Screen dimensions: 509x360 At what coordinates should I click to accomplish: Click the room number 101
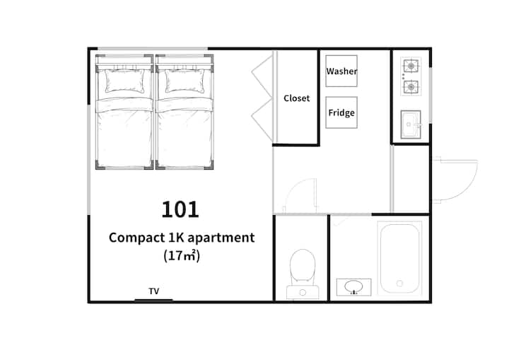point(180,209)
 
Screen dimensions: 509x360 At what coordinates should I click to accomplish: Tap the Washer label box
point(341,71)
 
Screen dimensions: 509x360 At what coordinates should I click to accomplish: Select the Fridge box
point(341,112)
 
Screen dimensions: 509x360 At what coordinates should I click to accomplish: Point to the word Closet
point(296,98)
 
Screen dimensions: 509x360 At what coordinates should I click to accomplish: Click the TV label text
point(154,291)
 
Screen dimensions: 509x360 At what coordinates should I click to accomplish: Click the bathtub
point(399,259)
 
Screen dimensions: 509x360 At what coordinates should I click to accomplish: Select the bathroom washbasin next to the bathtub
point(354,287)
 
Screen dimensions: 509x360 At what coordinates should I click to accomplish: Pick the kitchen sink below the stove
point(411,124)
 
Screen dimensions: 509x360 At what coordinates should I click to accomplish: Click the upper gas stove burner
point(411,66)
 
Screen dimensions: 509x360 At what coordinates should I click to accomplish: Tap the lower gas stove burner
point(411,87)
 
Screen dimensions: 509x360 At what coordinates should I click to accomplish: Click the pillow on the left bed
point(124,81)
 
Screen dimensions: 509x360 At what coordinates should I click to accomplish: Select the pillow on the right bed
point(185,81)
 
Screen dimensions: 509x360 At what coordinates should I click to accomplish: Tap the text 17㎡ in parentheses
point(182,256)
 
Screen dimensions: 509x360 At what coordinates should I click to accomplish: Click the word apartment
point(221,238)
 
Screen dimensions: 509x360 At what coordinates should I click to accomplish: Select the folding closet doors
point(262,98)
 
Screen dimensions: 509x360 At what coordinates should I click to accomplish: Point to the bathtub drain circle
point(399,284)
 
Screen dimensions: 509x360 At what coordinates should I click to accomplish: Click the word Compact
point(137,238)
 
